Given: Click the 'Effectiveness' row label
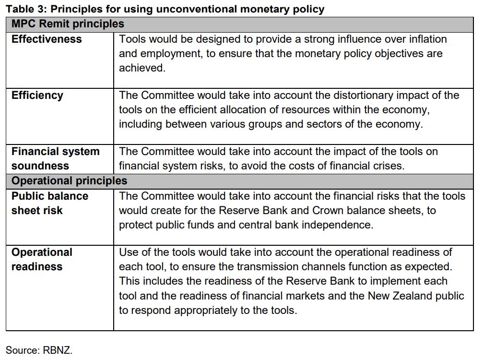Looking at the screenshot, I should pos(47,39).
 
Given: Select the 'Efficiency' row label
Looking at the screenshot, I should pos(37,96).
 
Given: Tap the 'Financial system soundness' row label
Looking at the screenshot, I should pos(55,159).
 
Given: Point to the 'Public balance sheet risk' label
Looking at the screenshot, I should pos(49,203).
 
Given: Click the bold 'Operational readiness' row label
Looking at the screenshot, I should pos(42,259).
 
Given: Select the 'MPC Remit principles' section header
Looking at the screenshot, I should pos(68,24).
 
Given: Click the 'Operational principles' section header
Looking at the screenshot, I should pos(69,181).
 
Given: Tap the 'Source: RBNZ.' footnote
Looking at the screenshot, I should pos(39,350).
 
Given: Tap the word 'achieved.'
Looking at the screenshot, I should pos(142,68).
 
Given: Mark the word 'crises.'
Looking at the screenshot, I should pos(388,166).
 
